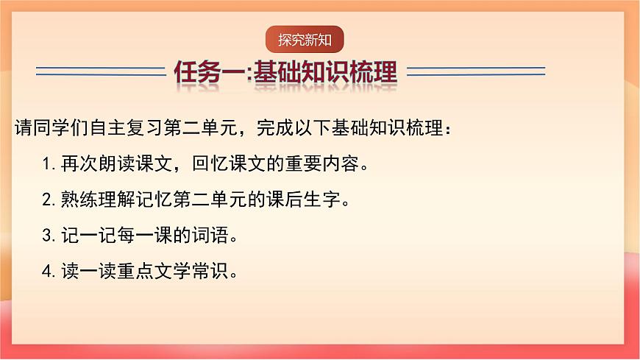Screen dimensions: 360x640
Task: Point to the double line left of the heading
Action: click(100, 71)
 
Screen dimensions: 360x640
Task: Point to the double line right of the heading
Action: click(476, 71)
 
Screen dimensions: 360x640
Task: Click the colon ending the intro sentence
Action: click(450, 129)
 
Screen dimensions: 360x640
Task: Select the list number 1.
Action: click(46, 163)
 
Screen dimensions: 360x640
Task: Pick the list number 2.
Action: click(46, 200)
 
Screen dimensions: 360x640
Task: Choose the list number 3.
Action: click(46, 236)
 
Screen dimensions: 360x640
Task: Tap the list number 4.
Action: click(46, 272)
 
